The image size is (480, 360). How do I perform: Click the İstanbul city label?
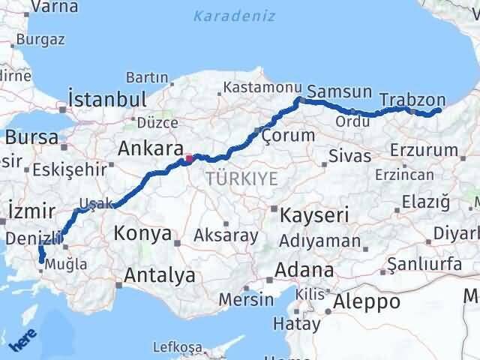106,99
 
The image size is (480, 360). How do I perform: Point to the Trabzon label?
412,100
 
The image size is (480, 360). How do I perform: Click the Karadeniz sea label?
234,16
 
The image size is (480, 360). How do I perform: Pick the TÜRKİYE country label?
241,178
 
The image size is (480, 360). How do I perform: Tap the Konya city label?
142,234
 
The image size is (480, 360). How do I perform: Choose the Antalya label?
160,275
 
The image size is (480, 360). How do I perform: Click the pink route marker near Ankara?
189,158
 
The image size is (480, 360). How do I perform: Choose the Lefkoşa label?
178,347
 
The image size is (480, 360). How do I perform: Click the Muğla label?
66,264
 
